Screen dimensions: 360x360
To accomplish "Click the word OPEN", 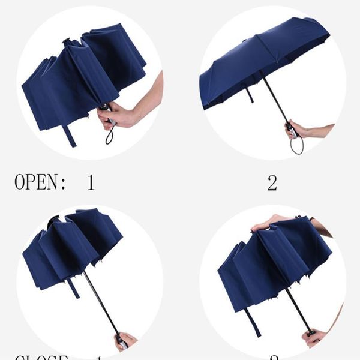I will [38, 182].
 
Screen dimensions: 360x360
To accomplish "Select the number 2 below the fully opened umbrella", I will [272, 183].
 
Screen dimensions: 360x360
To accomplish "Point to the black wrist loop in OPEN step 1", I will [110, 136].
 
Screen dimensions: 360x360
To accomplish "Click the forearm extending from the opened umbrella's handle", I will [321, 130].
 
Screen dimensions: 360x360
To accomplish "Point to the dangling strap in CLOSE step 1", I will [73, 287].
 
